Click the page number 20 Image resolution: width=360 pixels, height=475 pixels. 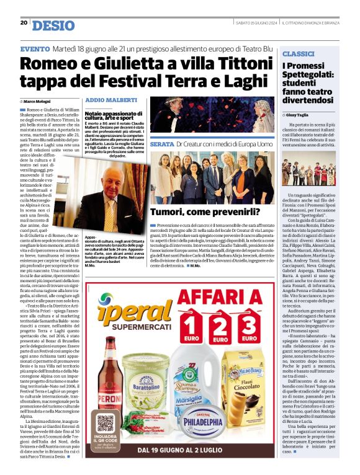pyautogui.click(x=24, y=23)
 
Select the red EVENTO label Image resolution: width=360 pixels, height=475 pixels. pyautogui.click(x=35, y=48)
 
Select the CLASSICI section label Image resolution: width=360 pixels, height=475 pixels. pyautogui.click(x=298, y=55)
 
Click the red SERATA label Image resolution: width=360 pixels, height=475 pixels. pyautogui.click(x=161, y=144)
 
